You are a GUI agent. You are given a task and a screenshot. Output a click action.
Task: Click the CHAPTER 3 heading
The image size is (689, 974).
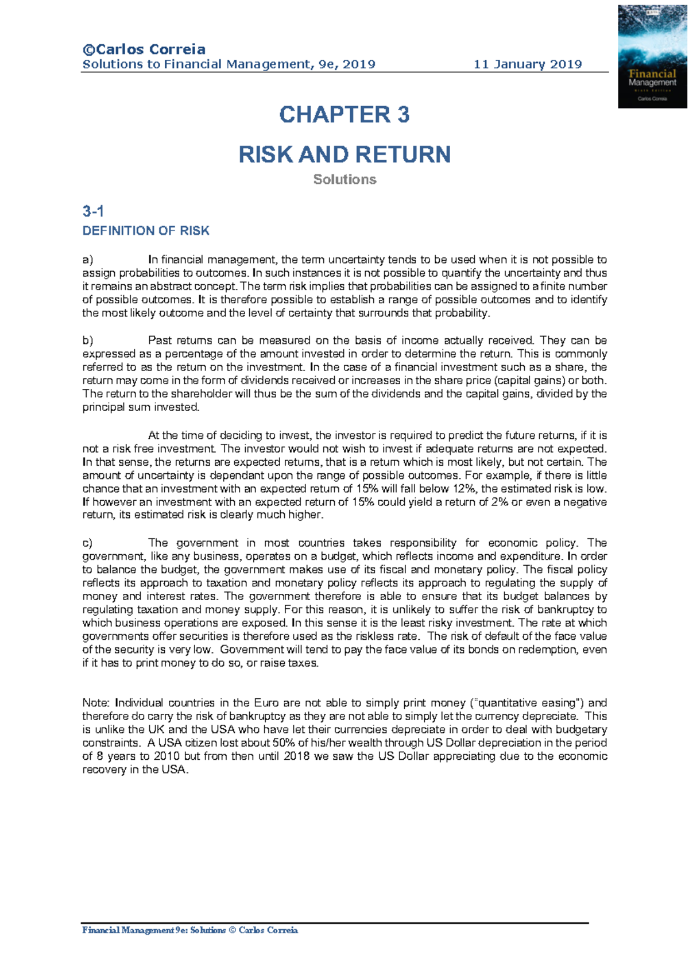click(x=344, y=115)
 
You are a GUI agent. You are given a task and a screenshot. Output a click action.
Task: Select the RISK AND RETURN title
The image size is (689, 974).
click(x=344, y=154)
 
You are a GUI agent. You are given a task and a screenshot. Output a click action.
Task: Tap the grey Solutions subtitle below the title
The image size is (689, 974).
click(x=344, y=180)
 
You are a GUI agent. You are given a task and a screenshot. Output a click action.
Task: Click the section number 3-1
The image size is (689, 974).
click(x=93, y=211)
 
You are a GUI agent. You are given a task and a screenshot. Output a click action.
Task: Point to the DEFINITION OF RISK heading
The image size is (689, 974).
click(x=146, y=231)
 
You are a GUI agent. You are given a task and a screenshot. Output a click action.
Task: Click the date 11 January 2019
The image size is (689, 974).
click(x=527, y=64)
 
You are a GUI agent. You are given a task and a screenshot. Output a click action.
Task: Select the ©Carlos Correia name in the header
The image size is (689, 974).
click(x=144, y=49)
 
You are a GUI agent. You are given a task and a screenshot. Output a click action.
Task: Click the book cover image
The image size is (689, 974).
click(x=652, y=56)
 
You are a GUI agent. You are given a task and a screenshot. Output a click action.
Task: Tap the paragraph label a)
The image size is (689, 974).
click(x=87, y=260)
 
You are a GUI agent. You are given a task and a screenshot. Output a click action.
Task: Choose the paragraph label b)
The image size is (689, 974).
click(x=87, y=341)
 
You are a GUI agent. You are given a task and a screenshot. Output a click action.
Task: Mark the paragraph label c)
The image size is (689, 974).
click(x=87, y=543)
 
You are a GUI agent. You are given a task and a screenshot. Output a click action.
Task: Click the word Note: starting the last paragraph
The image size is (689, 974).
click(x=97, y=703)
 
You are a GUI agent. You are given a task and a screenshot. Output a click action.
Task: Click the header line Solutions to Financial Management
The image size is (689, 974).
click(x=229, y=64)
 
